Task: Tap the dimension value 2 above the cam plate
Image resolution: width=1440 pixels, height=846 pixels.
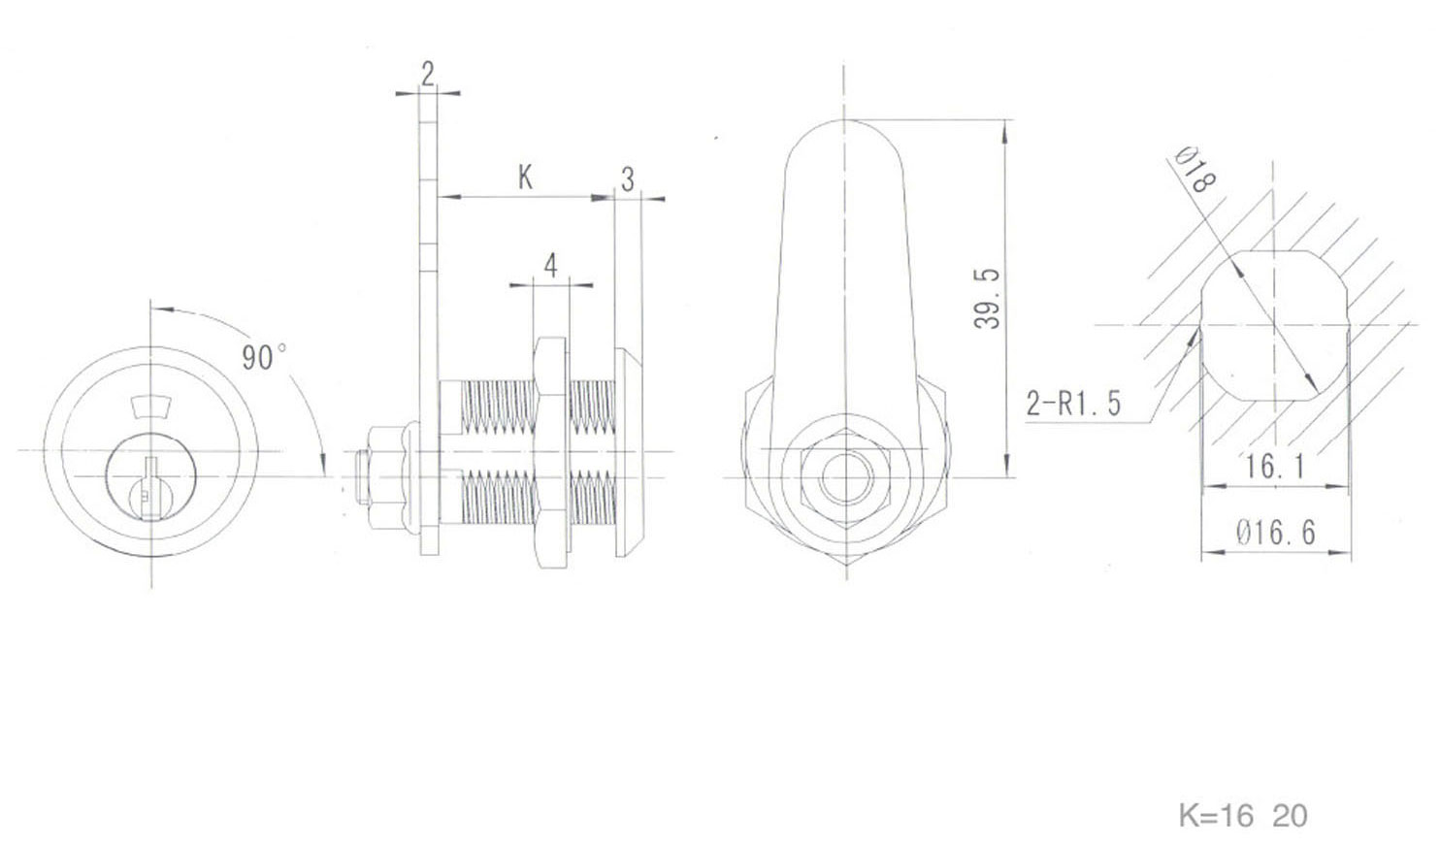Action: [x=428, y=73]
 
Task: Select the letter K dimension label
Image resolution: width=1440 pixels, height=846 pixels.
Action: [x=525, y=177]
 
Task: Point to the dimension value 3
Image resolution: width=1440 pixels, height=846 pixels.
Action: [x=628, y=179]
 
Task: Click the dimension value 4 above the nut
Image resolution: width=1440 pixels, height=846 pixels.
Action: [x=551, y=265]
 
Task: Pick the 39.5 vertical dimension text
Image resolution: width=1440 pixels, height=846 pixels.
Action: [x=987, y=298]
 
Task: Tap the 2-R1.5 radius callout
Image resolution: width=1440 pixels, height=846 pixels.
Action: [x=1073, y=402]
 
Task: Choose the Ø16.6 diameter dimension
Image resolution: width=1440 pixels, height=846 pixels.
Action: [x=1275, y=532]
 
